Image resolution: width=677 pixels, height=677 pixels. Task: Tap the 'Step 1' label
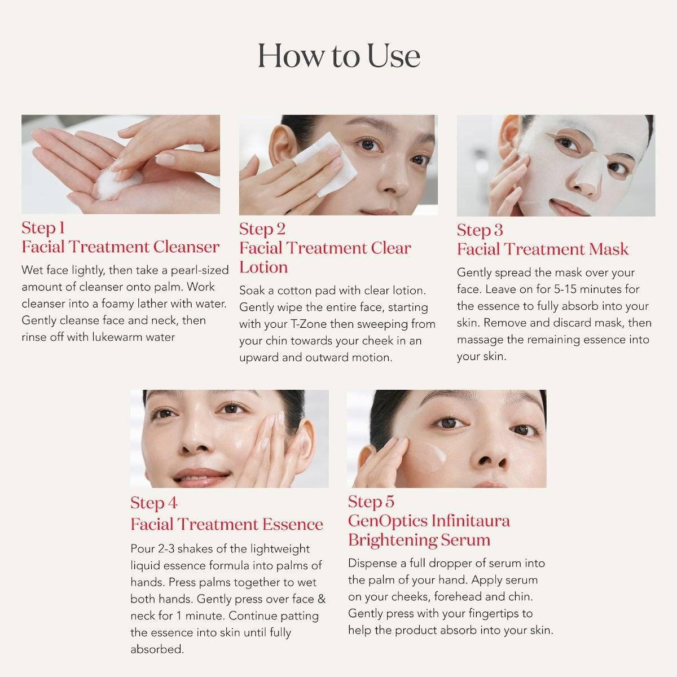point(43,228)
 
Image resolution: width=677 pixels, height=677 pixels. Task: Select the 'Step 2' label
point(262,230)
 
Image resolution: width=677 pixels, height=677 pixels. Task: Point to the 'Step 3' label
point(480,231)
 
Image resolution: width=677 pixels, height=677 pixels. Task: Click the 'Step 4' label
point(154,503)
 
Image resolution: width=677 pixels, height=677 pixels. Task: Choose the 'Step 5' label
point(371,502)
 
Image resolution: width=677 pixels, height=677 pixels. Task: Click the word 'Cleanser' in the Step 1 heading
point(186,247)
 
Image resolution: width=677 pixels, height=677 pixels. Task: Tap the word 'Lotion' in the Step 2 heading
point(263,267)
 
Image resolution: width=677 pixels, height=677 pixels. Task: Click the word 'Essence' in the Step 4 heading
point(293,524)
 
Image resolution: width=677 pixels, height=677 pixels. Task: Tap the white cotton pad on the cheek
point(324,164)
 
